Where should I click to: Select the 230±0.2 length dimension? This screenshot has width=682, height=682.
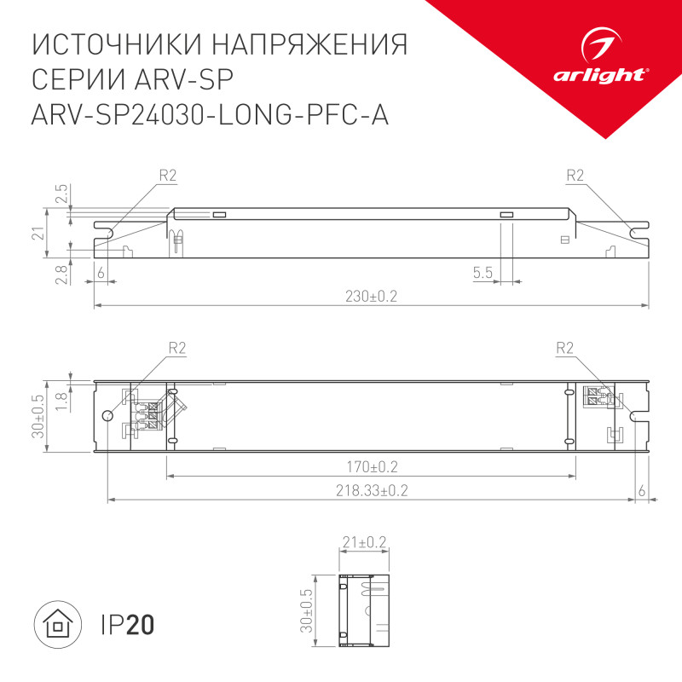pyautogui.click(x=371, y=297)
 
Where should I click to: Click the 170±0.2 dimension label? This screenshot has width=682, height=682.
pyautogui.click(x=371, y=466)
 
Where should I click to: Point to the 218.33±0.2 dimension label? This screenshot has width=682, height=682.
pyautogui.click(x=371, y=491)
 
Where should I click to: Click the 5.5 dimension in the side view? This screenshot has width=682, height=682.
pyautogui.click(x=483, y=272)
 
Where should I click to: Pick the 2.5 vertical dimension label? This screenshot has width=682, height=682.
pyautogui.click(x=61, y=194)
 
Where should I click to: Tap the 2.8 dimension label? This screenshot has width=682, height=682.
pyautogui.click(x=61, y=273)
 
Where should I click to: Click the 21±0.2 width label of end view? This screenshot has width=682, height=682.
pyautogui.click(x=364, y=541)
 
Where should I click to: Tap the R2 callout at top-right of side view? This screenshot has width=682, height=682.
pyautogui.click(x=575, y=176)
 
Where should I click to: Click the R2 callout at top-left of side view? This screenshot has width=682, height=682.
pyautogui.click(x=167, y=176)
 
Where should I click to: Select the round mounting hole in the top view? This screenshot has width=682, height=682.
pyautogui.click(x=107, y=415)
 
